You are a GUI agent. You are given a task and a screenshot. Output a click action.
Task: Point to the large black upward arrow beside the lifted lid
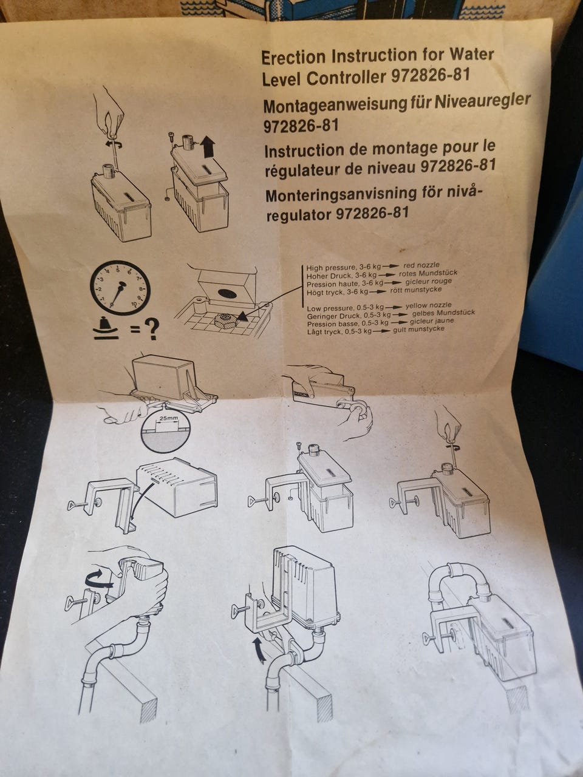point(208,146)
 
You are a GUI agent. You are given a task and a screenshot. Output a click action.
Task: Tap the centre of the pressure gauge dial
point(120,288)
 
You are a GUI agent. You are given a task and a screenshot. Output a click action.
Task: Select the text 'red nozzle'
point(421,265)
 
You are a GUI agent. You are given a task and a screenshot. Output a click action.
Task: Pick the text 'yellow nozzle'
point(428,305)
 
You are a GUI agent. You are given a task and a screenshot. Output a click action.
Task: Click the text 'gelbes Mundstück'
point(443,313)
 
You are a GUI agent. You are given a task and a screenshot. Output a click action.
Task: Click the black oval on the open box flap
point(227,293)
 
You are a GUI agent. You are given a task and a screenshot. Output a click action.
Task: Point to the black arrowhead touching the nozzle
point(242,316)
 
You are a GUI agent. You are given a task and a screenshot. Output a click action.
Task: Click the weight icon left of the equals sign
point(106,327)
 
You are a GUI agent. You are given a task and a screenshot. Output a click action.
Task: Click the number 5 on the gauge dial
point(119,268)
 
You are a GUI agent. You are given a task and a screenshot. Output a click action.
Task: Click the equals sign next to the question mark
point(135,330)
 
